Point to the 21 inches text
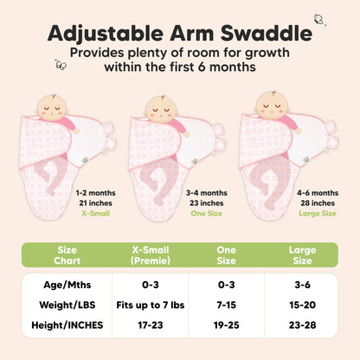point(97,201)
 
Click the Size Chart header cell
point(66,256)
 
